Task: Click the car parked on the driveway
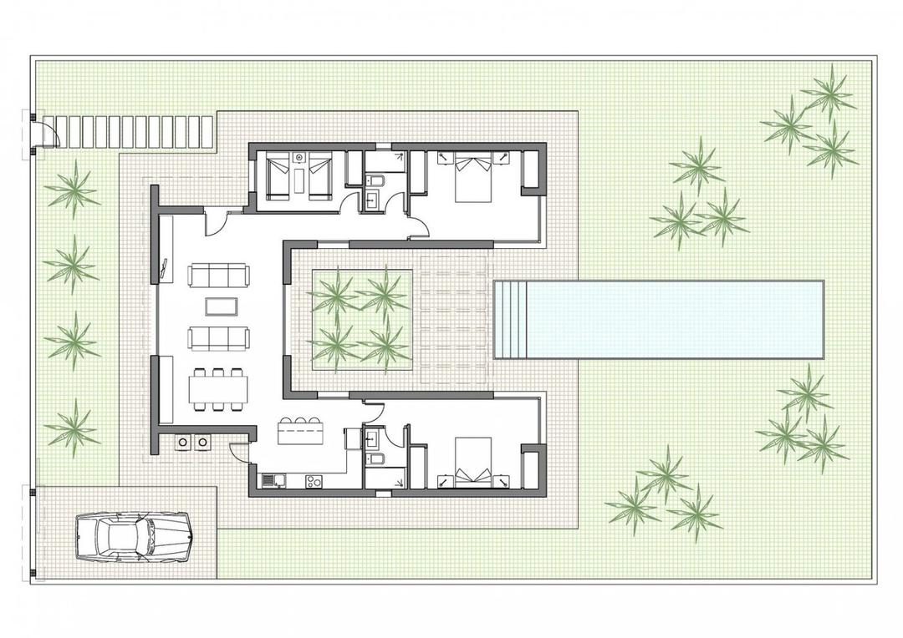(134, 536)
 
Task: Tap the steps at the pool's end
(511, 320)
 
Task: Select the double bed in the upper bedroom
(472, 180)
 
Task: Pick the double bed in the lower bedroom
(473, 462)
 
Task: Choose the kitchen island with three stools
(301, 433)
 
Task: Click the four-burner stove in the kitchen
(314, 481)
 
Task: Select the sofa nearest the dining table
(218, 337)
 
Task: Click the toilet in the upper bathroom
(376, 180)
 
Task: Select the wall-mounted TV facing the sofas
(164, 268)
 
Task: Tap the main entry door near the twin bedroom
(215, 223)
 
